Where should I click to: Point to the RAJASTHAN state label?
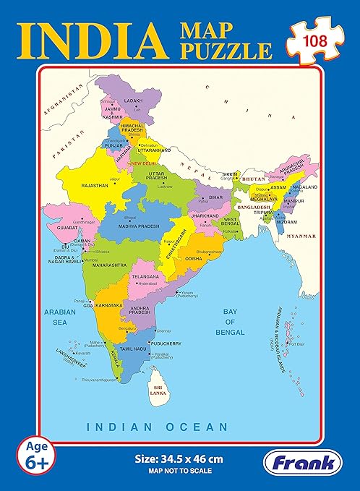95,185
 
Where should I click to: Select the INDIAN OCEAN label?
158,427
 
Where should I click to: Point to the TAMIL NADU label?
134,349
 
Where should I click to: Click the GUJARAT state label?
65,226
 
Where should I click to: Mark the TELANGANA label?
145,276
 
